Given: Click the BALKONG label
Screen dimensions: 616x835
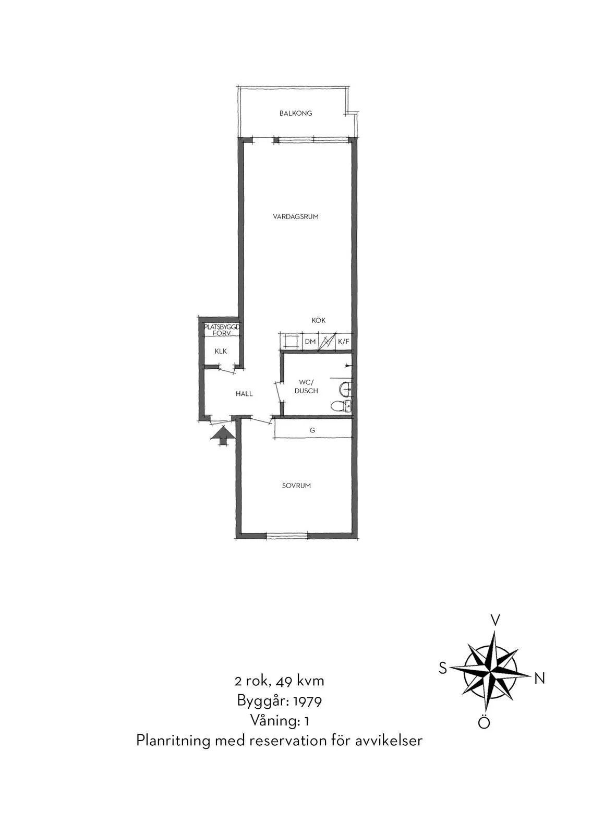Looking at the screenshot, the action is (296, 113).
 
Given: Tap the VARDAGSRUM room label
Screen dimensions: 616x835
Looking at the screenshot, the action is (296, 216).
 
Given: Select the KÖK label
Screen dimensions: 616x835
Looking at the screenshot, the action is (319, 320).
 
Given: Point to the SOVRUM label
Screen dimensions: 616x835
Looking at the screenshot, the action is (296, 486).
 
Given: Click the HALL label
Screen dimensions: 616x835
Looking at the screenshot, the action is (244, 394).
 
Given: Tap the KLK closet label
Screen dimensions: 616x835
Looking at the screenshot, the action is (221, 351).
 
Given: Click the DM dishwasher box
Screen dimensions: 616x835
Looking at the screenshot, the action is (310, 341).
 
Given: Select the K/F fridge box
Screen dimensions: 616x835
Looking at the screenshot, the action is (344, 341).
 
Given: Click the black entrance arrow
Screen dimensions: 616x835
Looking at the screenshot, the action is (223, 435).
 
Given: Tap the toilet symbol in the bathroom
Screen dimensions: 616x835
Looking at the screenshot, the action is (341, 406).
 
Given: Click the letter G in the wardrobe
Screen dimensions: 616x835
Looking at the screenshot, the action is (312, 430).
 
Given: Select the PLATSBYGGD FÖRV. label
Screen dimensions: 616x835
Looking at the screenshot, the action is (222, 330).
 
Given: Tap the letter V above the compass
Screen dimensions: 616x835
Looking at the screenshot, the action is (495, 620).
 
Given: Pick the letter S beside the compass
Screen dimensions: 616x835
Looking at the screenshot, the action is (443, 668).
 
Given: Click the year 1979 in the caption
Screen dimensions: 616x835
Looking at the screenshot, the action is (308, 702).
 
